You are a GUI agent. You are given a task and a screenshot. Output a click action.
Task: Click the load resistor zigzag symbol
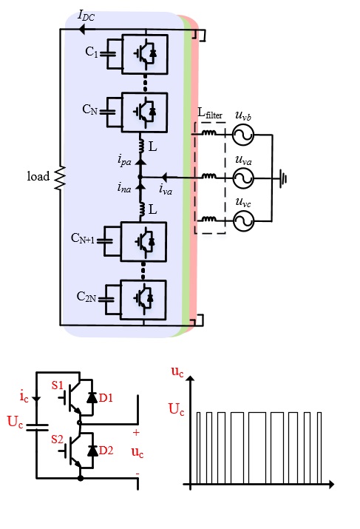60,178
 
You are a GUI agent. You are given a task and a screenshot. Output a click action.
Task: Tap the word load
38,176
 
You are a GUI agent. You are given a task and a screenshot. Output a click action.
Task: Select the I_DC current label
86,16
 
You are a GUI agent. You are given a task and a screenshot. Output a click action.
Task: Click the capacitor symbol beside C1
108,54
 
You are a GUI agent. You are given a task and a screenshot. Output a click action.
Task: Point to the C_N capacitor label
90,109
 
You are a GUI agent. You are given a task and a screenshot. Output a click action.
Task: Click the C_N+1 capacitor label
83,238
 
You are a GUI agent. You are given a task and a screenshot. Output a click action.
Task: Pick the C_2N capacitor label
86,297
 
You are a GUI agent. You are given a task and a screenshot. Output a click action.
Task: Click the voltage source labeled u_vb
243,135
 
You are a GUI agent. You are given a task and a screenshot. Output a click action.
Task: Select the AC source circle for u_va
243,178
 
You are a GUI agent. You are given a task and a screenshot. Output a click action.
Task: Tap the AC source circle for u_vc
243,220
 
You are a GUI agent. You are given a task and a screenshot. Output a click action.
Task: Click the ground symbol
283,178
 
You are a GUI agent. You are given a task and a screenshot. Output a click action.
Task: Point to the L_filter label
210,113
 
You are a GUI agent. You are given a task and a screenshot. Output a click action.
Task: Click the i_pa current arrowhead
140,161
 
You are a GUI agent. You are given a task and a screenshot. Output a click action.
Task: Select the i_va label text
166,189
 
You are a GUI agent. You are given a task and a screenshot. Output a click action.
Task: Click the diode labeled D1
92,398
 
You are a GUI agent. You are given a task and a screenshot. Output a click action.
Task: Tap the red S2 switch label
58,439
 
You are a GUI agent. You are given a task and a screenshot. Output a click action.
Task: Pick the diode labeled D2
92,451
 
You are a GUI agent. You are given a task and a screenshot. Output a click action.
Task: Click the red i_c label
24,396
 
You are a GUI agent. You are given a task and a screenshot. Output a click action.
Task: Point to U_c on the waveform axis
176,409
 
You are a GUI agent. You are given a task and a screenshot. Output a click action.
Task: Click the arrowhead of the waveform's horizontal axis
331,485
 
